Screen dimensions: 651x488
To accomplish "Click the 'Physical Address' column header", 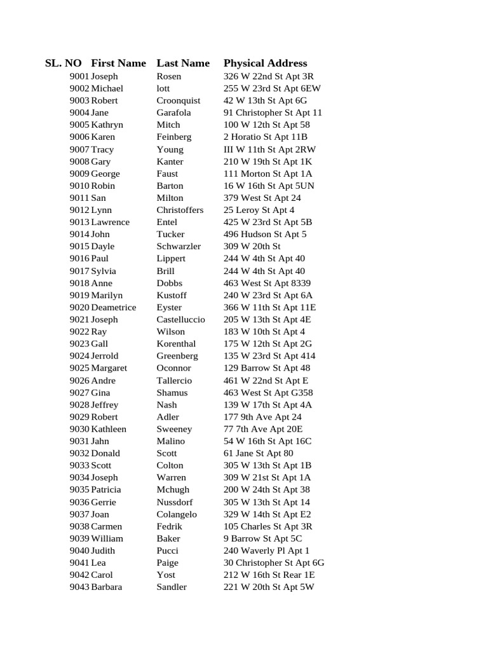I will point(265,63).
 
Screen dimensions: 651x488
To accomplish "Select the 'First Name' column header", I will point(118,63).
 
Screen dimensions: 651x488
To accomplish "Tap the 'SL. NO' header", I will point(64,63).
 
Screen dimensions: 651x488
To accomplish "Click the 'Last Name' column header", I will point(183,63).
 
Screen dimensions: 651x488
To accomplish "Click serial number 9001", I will point(79,76).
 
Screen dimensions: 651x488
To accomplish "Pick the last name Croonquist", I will point(178,100).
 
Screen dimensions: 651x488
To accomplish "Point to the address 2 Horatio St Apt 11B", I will point(265,137).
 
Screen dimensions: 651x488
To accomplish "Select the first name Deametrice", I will point(113,307).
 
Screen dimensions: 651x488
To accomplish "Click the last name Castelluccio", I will point(180,319).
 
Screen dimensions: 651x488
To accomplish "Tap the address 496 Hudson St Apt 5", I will point(265,234).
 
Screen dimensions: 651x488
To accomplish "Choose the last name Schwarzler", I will point(179,246).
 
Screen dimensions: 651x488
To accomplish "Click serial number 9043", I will point(79,587).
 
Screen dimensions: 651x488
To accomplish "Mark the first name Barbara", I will point(107,587).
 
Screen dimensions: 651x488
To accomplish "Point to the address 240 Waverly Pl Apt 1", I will point(266,551).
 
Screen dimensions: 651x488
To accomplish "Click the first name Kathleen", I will point(109,429).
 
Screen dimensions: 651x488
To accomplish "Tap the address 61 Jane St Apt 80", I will point(258,453).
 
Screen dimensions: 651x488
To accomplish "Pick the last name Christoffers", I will point(180,210).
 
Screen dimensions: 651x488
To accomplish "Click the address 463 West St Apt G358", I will point(268,392).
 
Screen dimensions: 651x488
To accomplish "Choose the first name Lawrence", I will point(110,222).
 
